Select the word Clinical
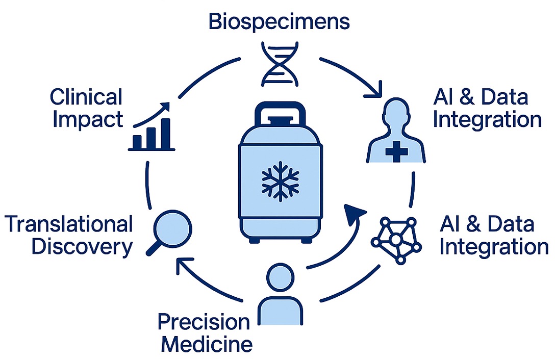86,97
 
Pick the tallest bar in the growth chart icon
166,132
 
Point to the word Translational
68,224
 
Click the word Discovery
82,247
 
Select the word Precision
204,322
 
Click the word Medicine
207,345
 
